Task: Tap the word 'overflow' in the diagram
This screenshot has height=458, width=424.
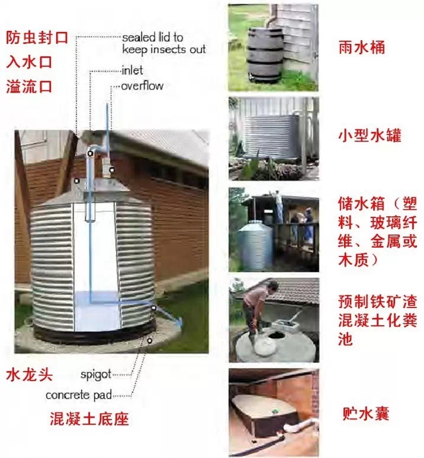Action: coord(142,86)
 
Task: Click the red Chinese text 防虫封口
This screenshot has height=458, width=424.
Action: coord(37,37)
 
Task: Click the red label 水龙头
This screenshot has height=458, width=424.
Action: coord(30,374)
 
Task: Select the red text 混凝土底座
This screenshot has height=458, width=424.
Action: coord(89,420)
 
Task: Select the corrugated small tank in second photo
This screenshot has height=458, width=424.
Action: coord(272,137)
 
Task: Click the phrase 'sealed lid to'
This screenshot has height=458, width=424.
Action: coord(153,37)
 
